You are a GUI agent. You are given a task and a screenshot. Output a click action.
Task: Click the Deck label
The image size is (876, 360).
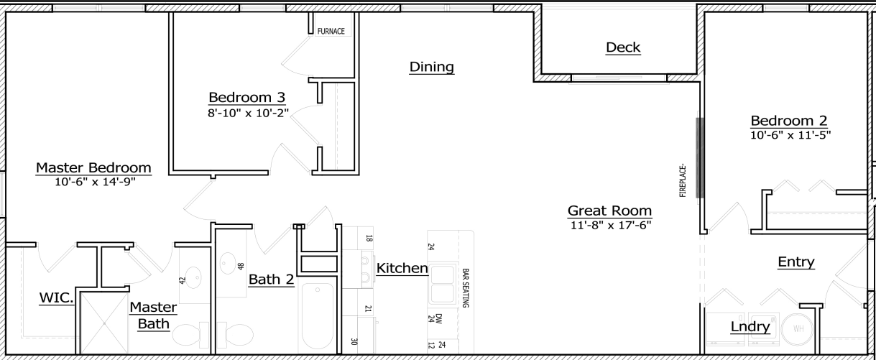pos(622,48)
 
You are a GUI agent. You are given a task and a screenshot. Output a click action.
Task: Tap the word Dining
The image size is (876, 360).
pos(431,67)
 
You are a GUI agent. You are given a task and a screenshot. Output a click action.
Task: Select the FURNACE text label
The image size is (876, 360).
pos(331,32)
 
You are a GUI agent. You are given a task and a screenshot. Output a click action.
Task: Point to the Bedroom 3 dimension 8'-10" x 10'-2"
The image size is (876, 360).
pos(247,112)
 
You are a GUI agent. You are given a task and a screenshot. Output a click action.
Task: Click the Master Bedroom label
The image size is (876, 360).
pos(93,167)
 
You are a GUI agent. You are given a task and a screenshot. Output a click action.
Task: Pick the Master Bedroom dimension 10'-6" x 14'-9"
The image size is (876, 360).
pos(94,182)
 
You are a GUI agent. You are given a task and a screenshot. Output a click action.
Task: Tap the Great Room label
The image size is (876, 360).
pos(609,211)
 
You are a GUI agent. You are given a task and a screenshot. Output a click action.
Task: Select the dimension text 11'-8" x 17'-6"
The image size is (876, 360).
pos(609,225)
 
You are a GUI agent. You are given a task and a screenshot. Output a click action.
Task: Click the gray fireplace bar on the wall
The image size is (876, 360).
pos(699,157)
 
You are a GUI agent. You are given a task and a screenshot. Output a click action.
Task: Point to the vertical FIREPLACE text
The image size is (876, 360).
pos(683,180)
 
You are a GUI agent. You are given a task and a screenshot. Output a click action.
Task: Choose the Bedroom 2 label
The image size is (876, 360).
pos(789,120)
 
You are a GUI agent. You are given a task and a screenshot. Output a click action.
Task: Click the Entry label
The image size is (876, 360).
pos(796,262)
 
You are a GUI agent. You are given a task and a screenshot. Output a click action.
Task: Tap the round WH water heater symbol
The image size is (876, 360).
pos(798,328)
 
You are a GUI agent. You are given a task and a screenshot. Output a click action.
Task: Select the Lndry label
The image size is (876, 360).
pos(750,327)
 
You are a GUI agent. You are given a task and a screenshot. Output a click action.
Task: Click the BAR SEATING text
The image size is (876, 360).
pos(465,288)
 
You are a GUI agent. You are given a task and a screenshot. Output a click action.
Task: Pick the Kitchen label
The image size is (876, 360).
pos(402,268)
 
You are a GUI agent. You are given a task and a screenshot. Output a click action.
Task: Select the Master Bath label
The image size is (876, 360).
pos(153,315)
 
